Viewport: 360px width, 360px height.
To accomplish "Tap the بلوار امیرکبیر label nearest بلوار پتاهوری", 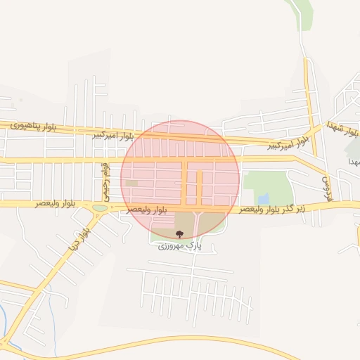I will click(x=112, y=134).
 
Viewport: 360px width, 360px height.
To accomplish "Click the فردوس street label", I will click(x=326, y=186).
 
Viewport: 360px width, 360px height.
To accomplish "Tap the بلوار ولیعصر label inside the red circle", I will click(x=147, y=210).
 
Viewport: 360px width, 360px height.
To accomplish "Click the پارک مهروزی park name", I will click(x=179, y=246).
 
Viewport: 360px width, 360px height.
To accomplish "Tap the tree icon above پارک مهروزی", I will click(x=179, y=235).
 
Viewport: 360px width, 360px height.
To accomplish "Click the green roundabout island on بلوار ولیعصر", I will click(x=101, y=207).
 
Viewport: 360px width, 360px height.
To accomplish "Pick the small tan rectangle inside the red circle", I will click(x=131, y=184).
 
